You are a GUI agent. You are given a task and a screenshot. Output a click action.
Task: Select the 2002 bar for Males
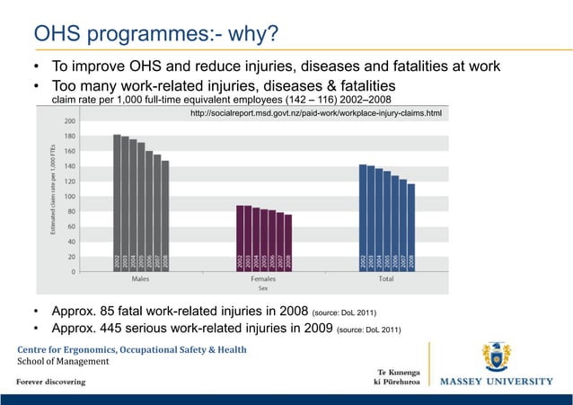118,202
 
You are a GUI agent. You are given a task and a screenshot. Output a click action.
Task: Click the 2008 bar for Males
165,216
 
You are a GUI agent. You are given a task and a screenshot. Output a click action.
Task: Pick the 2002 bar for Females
240,238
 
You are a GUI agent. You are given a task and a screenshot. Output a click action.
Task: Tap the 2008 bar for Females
287,242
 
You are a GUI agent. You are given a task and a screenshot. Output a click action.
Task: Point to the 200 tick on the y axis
69,120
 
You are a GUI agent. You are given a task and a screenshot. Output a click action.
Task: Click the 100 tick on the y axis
69,196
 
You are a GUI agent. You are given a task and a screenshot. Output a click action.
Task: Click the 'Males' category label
141,280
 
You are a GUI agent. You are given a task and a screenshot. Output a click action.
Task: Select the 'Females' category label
263,280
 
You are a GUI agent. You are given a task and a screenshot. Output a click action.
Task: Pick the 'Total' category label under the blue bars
386,280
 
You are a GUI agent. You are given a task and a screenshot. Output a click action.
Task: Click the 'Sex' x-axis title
263,289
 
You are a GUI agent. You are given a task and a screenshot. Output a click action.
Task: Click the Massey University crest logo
497,357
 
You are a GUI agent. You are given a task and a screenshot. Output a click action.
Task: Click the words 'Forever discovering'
50,381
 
